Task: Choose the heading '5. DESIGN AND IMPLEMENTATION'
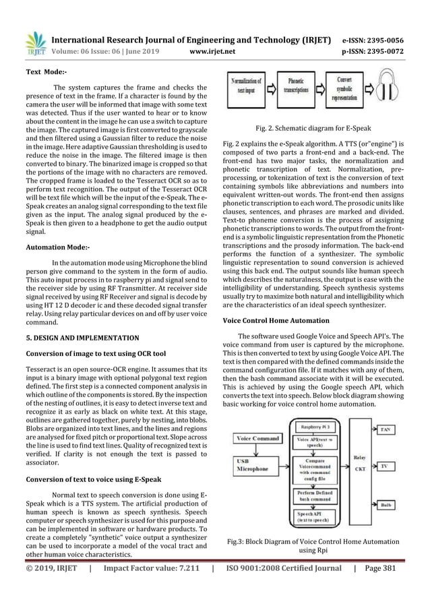83,337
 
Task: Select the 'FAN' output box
402,429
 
